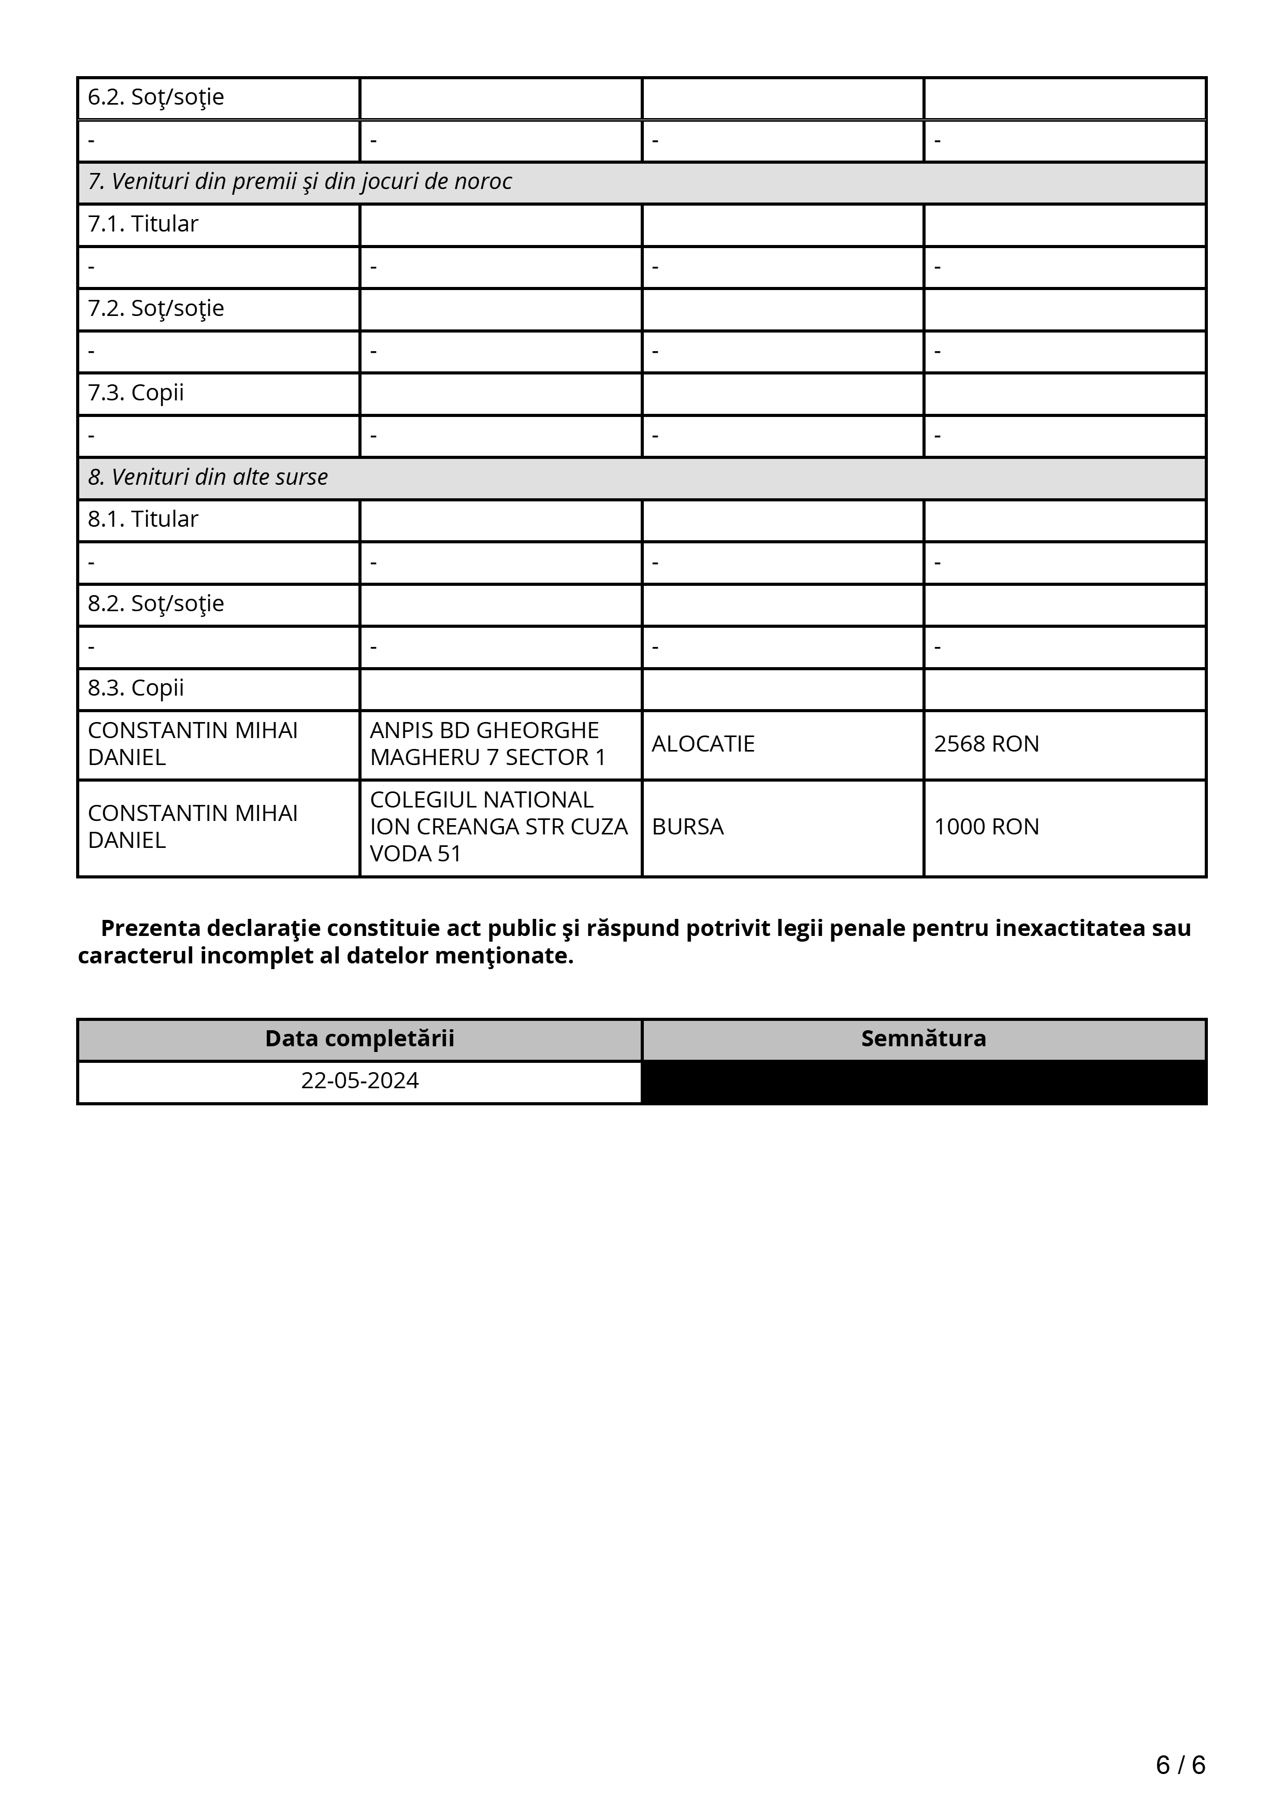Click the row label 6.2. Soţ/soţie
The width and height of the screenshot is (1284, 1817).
coord(156,97)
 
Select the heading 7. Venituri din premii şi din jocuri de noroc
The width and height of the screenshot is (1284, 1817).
coord(300,182)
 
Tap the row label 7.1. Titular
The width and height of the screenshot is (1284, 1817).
coord(143,224)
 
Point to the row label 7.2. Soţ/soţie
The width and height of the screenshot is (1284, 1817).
coord(156,309)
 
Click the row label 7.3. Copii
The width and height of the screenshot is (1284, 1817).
coord(136,393)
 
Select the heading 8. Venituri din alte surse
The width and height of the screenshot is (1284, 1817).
coord(208,477)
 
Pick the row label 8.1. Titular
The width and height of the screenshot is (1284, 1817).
coord(143,519)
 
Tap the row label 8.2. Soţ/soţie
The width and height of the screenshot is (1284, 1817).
coord(156,604)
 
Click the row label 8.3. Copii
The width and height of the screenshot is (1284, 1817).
coord(136,688)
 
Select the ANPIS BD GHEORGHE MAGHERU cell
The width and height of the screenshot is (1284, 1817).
coord(487,744)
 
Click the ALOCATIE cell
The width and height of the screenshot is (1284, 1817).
coord(703,744)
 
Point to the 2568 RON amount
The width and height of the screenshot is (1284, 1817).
coord(987,744)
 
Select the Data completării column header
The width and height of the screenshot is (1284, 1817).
coord(360,1039)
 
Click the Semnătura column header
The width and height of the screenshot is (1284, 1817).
coord(923,1039)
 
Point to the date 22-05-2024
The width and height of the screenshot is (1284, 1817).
coord(360,1081)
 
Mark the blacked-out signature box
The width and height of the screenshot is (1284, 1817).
coord(923,1082)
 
